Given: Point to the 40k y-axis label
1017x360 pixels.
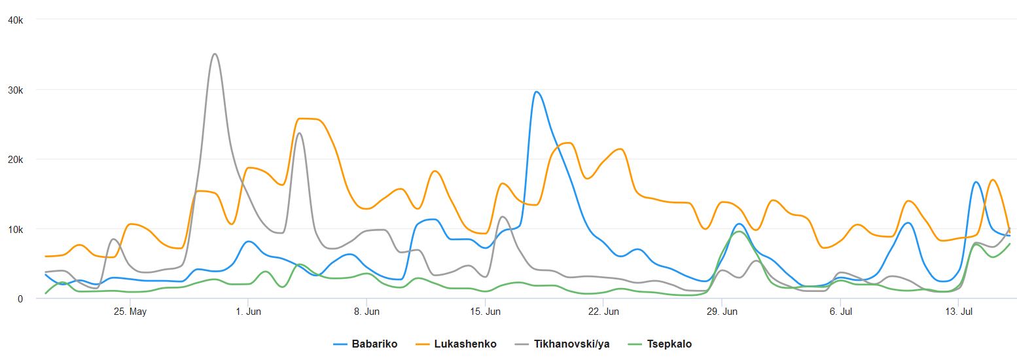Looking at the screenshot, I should coord(15,20).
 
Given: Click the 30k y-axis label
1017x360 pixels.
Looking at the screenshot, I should coord(15,90).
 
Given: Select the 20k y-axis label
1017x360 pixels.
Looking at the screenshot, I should coord(15,160).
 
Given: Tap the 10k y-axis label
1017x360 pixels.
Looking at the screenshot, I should coord(15,229).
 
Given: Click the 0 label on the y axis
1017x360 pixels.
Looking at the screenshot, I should coord(20,299).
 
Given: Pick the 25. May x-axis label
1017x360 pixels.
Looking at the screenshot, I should coord(130,312).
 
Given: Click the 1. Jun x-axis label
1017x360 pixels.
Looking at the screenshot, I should coord(248,312).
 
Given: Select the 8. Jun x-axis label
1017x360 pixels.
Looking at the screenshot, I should coord(366,312).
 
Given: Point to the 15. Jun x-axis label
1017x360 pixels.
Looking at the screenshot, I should coord(485,312).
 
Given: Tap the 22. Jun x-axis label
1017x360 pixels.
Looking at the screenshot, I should coord(603,312).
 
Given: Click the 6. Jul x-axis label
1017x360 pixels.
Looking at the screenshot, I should coord(840,312).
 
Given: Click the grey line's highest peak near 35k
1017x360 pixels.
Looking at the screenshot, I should coord(215,54).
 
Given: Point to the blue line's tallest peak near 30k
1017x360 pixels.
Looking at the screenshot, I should coord(537,92).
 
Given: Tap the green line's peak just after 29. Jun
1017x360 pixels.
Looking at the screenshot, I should coord(738,232).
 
